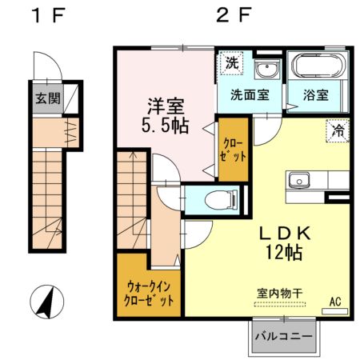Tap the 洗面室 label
pos(249,94)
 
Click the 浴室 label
pos(315,94)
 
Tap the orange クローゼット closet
pos(234,150)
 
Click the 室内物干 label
pos(279,293)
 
